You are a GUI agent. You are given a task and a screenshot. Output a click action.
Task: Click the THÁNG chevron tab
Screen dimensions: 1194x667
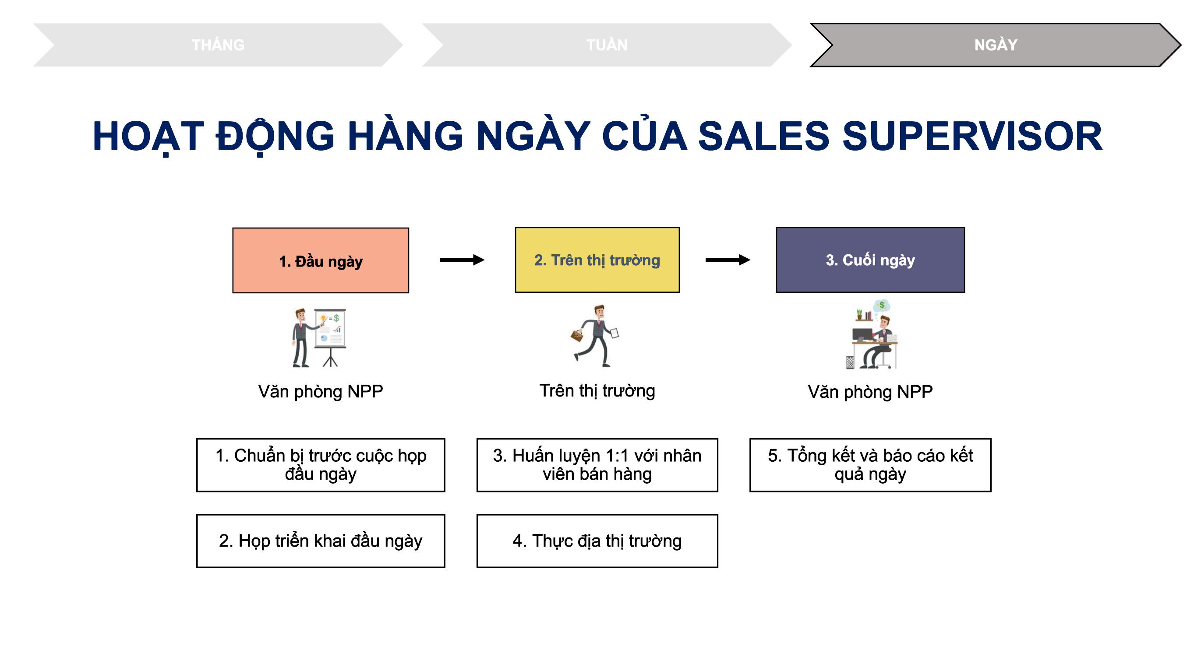coord(218,45)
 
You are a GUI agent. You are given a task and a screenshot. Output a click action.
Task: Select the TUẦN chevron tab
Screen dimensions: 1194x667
coord(607,45)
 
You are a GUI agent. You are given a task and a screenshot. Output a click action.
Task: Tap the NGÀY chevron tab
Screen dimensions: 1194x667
coord(996,45)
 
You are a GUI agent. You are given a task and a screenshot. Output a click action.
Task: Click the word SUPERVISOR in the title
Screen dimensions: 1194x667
coord(972,136)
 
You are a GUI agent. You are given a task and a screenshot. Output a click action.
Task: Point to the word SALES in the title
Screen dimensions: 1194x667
coord(763,136)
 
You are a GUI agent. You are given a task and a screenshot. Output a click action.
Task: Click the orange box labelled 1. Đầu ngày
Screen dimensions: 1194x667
coord(321,260)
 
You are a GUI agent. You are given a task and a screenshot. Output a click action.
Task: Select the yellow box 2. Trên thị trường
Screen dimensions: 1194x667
coord(597,260)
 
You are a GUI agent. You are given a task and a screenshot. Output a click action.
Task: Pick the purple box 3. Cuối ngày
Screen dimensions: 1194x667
coord(870,260)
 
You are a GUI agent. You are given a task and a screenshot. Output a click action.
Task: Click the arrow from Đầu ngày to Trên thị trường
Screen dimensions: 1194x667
coord(462,260)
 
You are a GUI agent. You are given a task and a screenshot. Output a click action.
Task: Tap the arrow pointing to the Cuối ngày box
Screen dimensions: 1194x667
coord(728,260)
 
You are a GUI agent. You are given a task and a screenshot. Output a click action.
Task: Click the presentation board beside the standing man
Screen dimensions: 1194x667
coord(330,337)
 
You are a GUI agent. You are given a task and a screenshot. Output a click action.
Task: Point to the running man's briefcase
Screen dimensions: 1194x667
coord(576,335)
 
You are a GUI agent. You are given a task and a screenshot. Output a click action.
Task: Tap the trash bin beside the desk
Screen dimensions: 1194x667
coord(850,362)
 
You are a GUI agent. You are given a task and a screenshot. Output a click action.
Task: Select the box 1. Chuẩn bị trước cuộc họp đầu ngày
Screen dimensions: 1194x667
coord(321,465)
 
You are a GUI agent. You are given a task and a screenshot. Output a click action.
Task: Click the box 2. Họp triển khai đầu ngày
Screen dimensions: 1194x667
coord(321,541)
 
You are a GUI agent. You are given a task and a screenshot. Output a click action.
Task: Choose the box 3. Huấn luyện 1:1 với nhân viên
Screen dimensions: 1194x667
coord(597,465)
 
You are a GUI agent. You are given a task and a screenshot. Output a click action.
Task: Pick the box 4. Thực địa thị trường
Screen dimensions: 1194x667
coord(597,541)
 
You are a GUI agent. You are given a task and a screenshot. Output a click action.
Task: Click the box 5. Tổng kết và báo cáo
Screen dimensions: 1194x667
coord(870,465)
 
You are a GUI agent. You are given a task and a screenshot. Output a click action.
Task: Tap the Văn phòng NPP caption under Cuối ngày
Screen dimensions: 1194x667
coord(870,392)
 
